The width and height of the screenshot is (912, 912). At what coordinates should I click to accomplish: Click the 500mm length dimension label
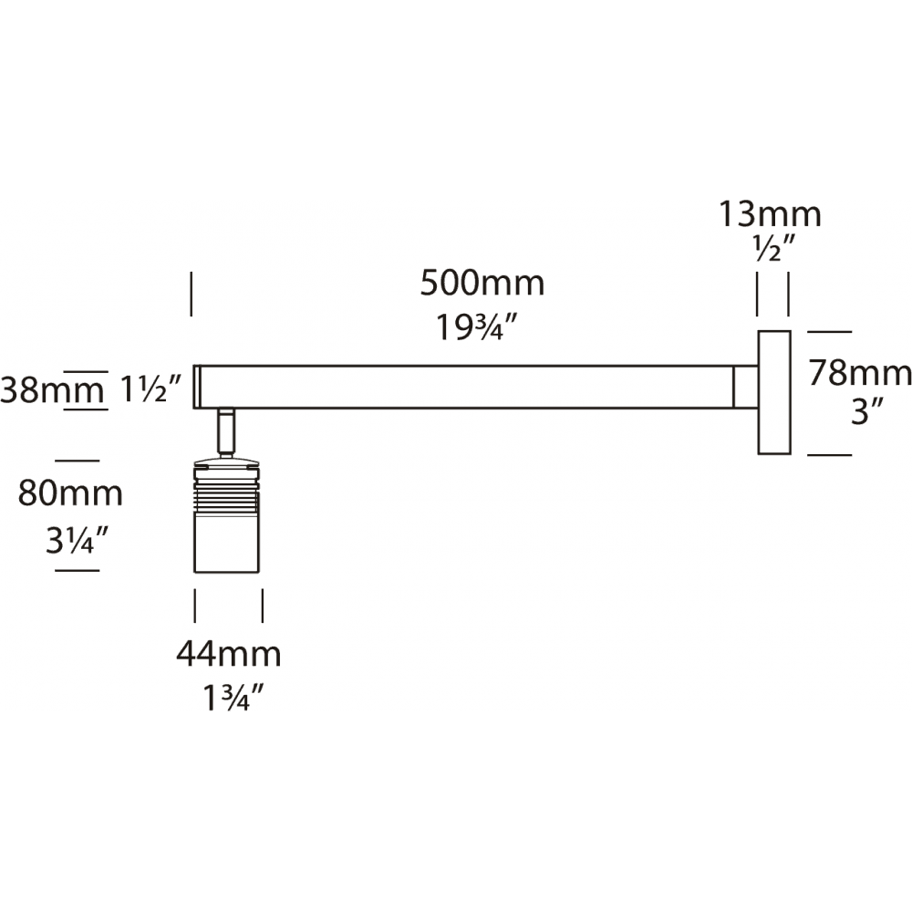point(482,284)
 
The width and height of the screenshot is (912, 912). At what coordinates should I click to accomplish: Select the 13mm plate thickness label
point(771,214)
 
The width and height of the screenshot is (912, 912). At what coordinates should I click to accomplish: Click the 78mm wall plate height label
point(860,373)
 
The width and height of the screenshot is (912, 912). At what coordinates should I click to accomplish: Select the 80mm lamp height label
point(71,493)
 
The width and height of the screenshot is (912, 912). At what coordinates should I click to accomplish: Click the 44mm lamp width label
point(228,654)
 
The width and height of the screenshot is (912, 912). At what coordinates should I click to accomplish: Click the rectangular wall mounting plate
point(773,391)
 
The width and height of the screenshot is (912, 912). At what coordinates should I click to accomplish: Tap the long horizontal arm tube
point(465,387)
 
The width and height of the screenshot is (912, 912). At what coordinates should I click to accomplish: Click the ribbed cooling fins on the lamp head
point(227,493)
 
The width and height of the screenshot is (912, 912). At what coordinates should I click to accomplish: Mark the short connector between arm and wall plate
point(746,387)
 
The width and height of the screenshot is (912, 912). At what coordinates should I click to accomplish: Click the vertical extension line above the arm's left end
point(191,293)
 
